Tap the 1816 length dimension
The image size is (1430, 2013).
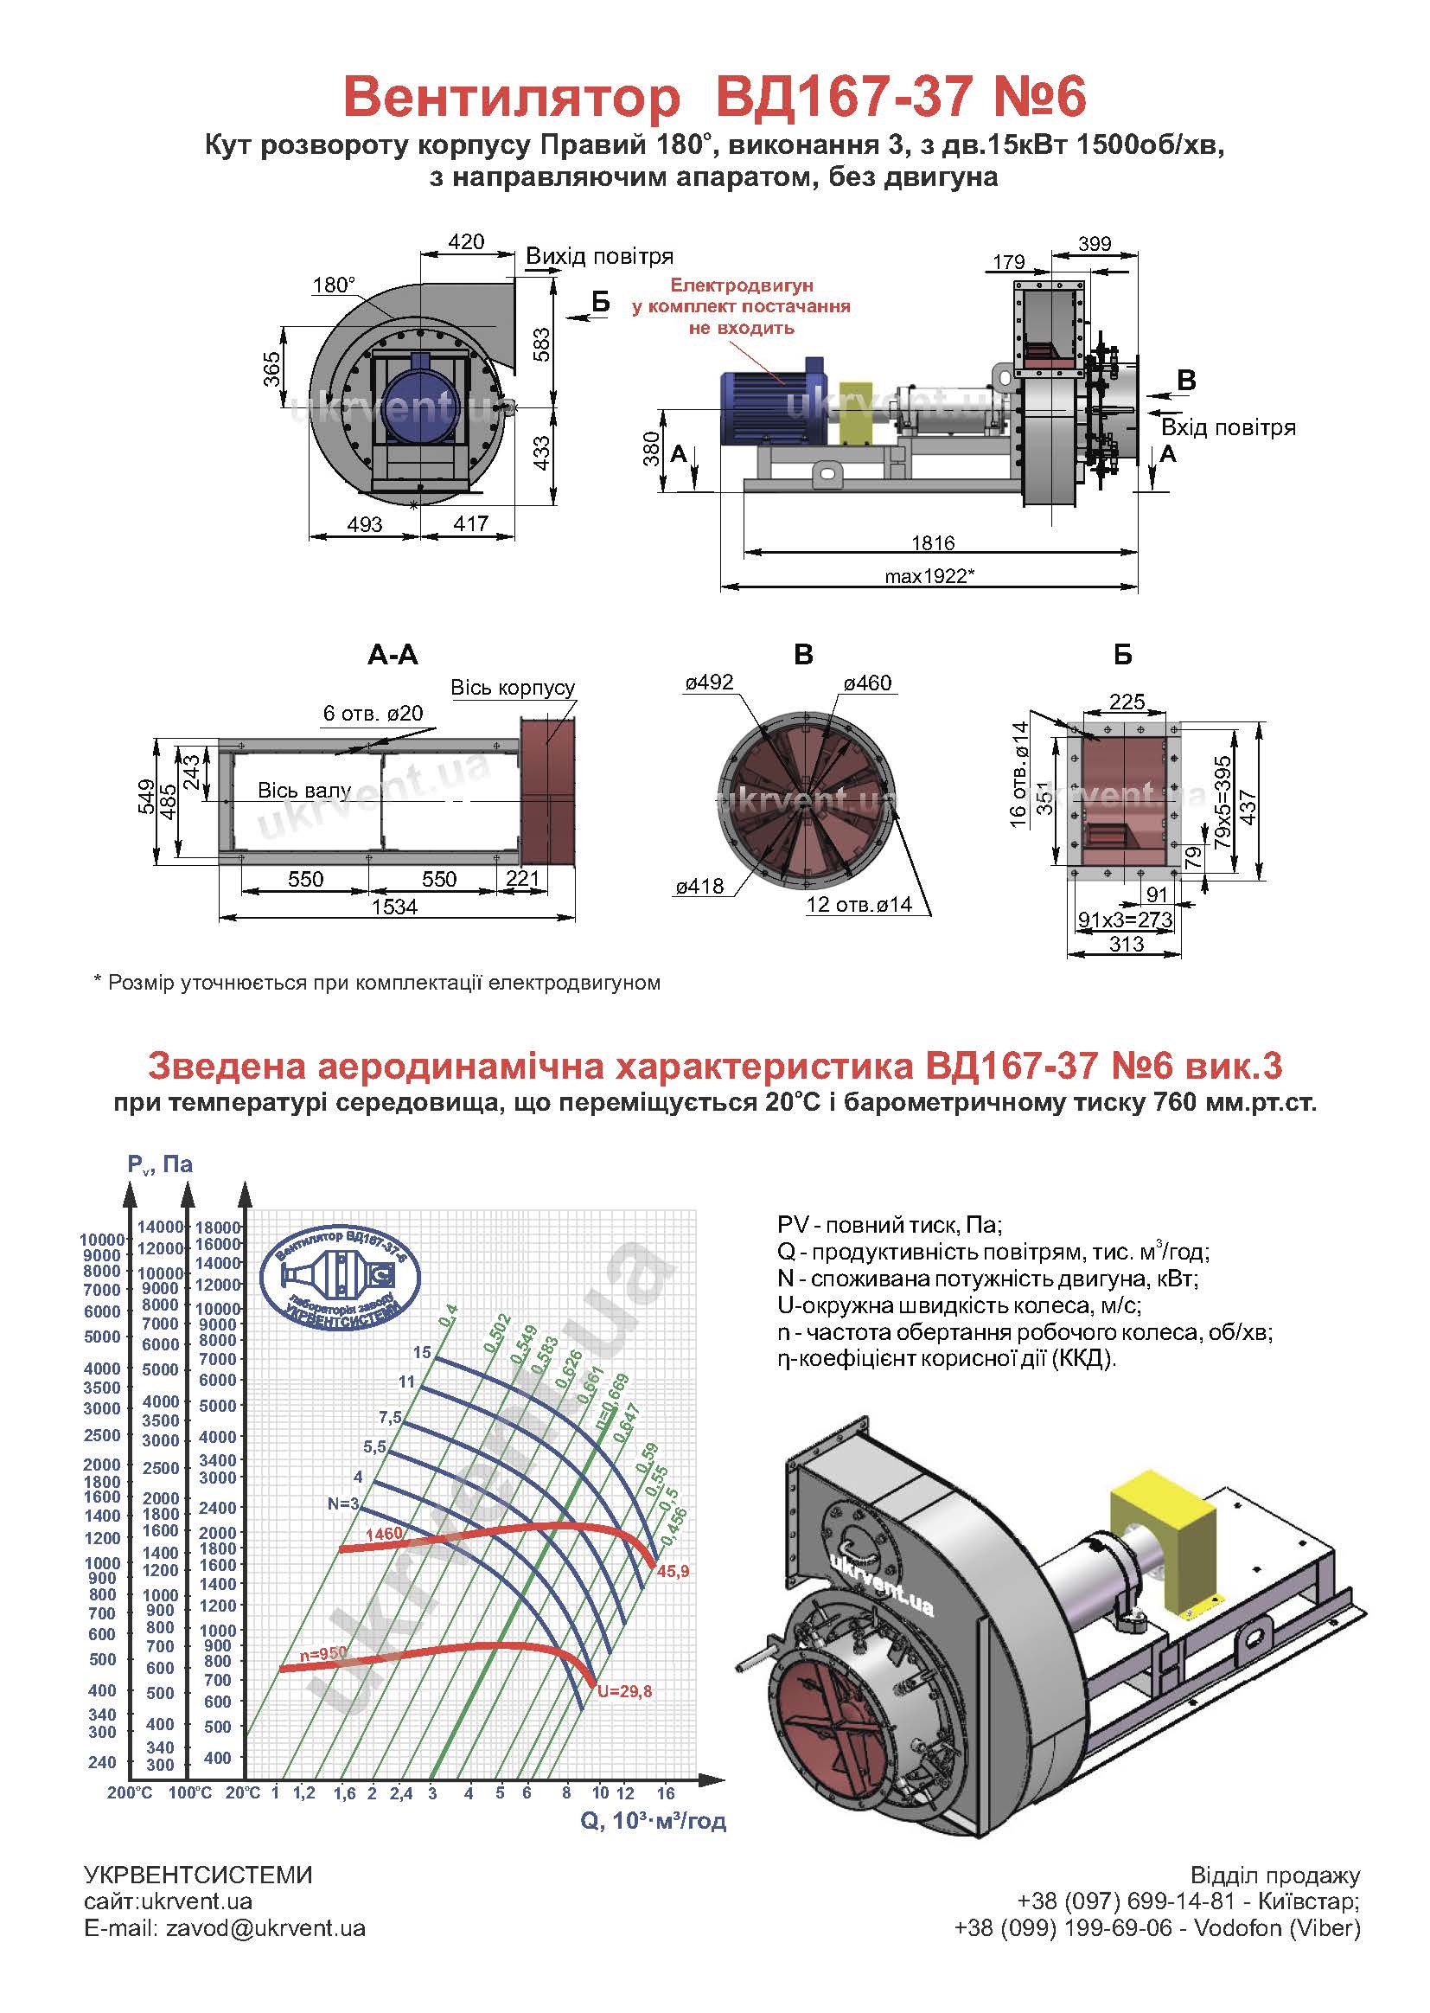click(934, 542)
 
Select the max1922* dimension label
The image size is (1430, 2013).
click(930, 576)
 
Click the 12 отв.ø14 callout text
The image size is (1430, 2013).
click(859, 904)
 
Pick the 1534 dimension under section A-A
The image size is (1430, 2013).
click(393, 907)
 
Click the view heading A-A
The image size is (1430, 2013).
click(393, 655)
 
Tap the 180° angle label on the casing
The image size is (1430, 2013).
click(334, 285)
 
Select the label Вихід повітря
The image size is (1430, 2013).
click(600, 256)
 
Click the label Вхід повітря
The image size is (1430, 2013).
click(1229, 428)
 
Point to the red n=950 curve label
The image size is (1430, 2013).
click(322, 1655)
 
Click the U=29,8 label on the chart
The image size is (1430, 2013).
click(624, 1691)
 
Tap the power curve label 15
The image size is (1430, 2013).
click(423, 1352)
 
